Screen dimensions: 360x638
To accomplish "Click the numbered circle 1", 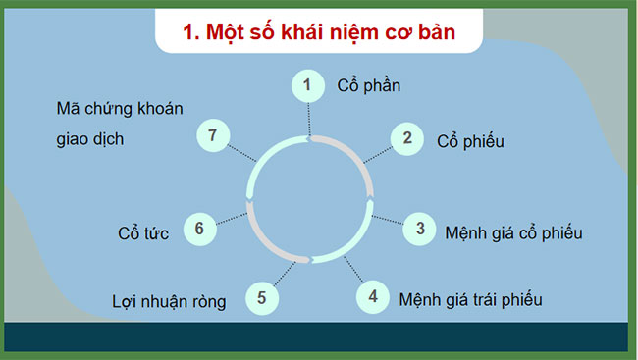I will coord(307,85).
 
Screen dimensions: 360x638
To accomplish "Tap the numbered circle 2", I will coord(406,137).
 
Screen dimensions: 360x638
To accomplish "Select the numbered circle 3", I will coord(420,229).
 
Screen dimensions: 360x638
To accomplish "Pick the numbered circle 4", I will coord(372,294).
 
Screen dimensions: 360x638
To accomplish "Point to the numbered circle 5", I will coord(261,296).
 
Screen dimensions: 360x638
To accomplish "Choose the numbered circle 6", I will coord(199,229).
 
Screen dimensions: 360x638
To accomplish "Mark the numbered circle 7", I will coord(213,134).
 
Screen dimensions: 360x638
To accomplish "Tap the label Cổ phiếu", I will coord(470,141).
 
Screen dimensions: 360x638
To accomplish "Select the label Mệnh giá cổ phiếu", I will coord(513,233).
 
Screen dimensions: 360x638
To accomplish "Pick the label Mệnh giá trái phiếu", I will coord(470,299).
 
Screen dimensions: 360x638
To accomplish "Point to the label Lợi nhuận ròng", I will coord(169,302).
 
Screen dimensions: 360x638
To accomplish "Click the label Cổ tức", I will coord(143,234).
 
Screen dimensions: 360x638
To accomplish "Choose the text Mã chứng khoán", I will coord(120,109).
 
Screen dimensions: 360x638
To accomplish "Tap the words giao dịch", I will coord(90,138).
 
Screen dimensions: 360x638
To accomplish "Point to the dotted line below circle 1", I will coord(308,118).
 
